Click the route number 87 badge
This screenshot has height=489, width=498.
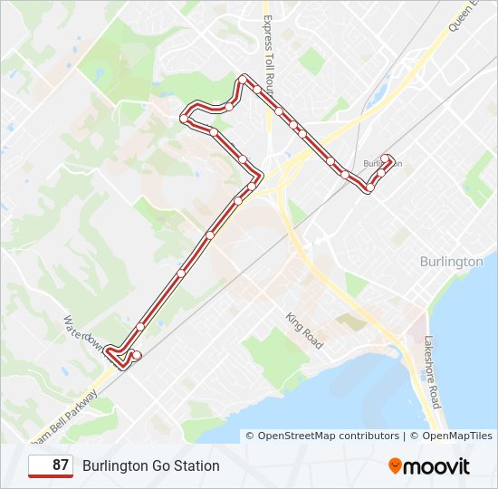[x=51, y=466]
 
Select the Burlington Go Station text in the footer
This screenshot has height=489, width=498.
[x=151, y=466]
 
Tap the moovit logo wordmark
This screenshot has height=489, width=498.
[x=436, y=466]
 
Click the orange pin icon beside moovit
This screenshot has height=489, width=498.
[x=396, y=466]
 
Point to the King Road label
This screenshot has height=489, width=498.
[x=304, y=331]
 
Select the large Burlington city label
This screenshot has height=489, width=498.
[x=451, y=262]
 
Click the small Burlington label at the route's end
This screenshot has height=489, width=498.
[x=380, y=164]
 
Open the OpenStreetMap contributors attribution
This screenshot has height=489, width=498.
[x=328, y=436]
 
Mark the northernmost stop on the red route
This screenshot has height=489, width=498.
[x=243, y=79]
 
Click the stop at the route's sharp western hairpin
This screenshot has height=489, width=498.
[x=184, y=118]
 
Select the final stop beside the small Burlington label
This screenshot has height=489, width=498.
[x=387, y=158]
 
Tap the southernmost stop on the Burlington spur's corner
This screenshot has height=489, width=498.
[x=369, y=188]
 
